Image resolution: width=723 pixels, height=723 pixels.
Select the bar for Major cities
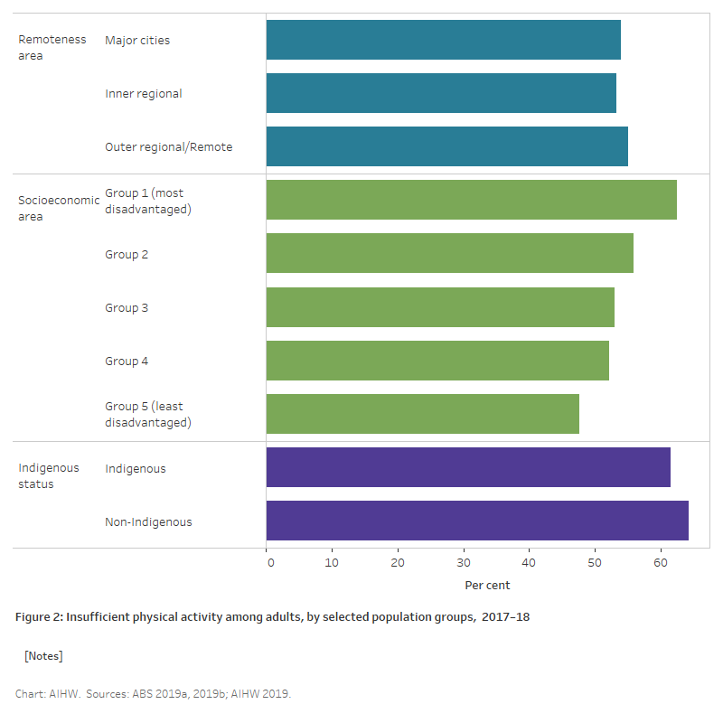tap(443, 40)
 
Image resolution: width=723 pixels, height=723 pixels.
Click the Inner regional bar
tap(441, 93)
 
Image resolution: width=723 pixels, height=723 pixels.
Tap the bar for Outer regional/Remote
tap(446, 146)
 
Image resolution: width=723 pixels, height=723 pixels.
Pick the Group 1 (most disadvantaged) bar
tap(471, 200)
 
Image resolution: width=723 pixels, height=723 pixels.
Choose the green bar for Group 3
tap(440, 307)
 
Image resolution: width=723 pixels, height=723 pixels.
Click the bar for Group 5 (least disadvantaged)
tap(422, 414)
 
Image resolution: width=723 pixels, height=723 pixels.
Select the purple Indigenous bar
tap(468, 467)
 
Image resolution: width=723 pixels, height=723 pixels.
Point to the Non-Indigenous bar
tap(477, 521)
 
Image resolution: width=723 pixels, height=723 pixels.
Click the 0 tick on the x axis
tap(270, 562)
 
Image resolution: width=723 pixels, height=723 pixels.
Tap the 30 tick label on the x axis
tap(464, 562)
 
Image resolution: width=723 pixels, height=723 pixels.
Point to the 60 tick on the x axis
tap(661, 562)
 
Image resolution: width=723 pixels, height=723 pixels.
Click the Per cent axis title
tap(487, 585)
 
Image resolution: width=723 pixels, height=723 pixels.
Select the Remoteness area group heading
tap(52, 47)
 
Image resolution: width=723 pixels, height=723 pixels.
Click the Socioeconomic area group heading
tap(59, 208)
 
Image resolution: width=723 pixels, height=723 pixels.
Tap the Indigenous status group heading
tap(49, 475)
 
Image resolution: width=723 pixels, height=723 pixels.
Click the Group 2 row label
tap(127, 254)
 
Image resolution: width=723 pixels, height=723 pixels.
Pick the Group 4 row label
tap(127, 361)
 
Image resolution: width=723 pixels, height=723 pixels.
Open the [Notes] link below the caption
tap(43, 655)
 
